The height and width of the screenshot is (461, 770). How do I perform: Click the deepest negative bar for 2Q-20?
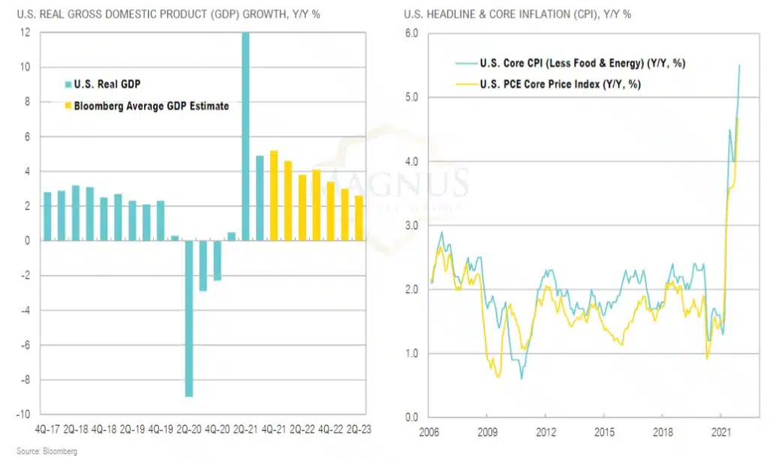click(190, 318)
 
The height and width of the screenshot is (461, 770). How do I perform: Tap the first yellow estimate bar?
click(274, 196)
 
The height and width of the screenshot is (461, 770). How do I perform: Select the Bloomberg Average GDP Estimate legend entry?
click(146, 106)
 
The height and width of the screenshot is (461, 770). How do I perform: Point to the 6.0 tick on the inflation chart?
click(411, 33)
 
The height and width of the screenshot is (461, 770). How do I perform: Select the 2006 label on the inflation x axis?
click(429, 433)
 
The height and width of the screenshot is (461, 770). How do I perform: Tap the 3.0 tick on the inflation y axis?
click(411, 225)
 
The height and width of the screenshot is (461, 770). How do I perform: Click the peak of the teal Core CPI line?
click(740, 65)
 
